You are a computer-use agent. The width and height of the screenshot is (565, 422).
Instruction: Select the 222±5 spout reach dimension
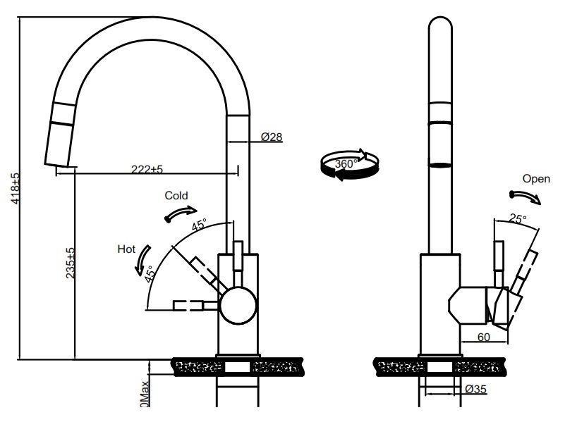(x=147, y=169)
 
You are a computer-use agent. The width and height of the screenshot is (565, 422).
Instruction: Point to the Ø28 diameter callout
(x=272, y=137)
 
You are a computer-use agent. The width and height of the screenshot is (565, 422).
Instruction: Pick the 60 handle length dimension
(x=483, y=337)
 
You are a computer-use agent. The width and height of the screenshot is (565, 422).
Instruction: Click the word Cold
(x=176, y=194)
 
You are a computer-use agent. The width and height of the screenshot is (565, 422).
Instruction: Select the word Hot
(x=126, y=249)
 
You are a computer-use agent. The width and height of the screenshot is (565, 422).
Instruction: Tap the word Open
(x=535, y=179)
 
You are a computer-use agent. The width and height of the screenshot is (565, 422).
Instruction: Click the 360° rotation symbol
(x=348, y=164)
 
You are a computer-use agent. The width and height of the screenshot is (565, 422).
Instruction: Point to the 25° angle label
(x=518, y=219)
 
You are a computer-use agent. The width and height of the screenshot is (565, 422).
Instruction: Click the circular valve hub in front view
(x=238, y=304)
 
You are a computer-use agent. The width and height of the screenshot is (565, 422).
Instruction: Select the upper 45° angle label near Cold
(x=199, y=226)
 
